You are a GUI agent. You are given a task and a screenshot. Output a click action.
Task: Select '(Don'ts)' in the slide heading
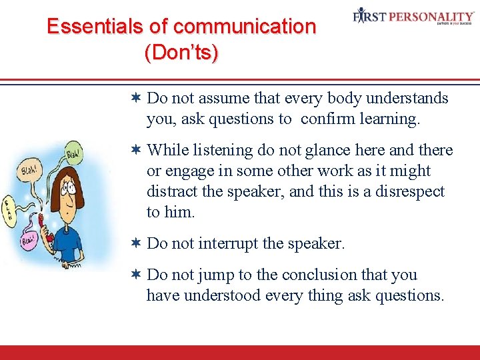click(x=181, y=53)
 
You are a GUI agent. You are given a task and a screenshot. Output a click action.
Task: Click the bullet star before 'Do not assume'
click(x=135, y=98)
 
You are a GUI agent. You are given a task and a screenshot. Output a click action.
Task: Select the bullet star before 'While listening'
click(x=135, y=150)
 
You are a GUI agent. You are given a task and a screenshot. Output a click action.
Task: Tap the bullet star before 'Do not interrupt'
click(x=135, y=243)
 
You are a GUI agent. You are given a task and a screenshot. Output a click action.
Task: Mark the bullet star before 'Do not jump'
click(x=135, y=275)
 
